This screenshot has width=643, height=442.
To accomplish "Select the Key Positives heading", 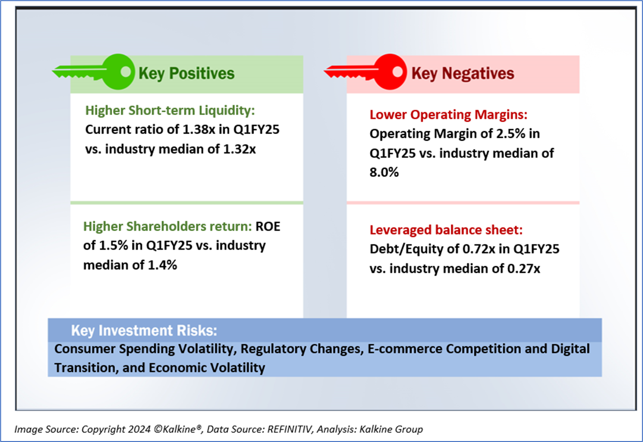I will (187, 73).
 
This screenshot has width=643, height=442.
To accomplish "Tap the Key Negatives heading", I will (463, 73).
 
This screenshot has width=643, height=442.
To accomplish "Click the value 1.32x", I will (239, 149).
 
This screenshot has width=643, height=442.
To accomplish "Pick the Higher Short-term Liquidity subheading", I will (170, 110).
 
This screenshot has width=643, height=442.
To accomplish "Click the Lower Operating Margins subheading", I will (448, 115).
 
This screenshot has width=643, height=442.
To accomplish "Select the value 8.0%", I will (384, 172).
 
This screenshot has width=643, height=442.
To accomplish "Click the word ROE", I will (268, 226).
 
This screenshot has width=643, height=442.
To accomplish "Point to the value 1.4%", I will (162, 265).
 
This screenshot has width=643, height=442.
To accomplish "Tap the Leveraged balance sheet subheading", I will (446, 230).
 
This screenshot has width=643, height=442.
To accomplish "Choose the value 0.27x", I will (523, 269).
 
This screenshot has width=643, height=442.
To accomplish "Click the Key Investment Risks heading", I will (144, 330).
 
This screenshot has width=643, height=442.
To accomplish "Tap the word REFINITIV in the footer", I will (289, 429).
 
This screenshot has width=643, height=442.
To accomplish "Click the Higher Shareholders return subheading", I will (167, 226).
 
